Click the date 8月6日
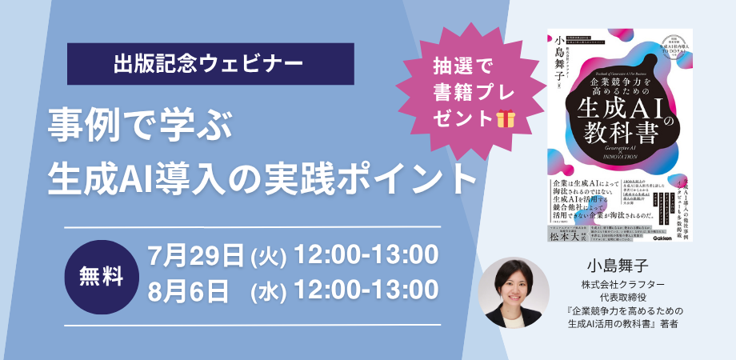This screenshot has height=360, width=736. pos(189,290)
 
